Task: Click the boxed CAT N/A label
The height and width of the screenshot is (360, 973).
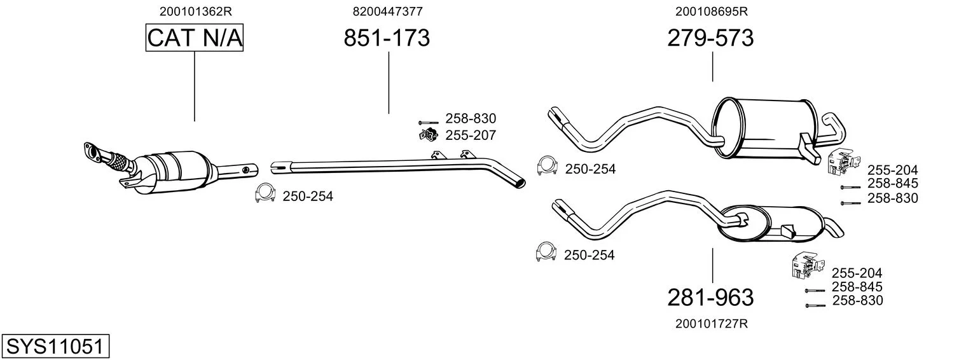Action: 194,38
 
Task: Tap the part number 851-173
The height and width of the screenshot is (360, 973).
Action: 387,38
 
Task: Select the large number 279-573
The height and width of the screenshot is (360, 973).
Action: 710,38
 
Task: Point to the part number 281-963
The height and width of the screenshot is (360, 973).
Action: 710,298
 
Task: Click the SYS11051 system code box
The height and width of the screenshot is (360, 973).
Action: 55,346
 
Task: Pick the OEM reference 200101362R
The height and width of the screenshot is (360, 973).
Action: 195,11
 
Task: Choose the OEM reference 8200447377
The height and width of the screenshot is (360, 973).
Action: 387,11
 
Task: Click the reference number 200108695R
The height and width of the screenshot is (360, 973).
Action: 712,11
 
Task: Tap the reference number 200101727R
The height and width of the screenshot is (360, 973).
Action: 712,324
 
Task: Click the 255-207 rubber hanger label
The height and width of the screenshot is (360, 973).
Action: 471,135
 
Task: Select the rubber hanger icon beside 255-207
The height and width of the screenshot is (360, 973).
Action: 428,135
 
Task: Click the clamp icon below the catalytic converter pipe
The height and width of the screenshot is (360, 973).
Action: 265,193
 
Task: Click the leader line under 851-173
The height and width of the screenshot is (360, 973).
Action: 389,83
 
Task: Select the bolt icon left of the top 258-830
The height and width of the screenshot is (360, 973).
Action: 428,123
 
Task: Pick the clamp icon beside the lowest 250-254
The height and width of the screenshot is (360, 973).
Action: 546,252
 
